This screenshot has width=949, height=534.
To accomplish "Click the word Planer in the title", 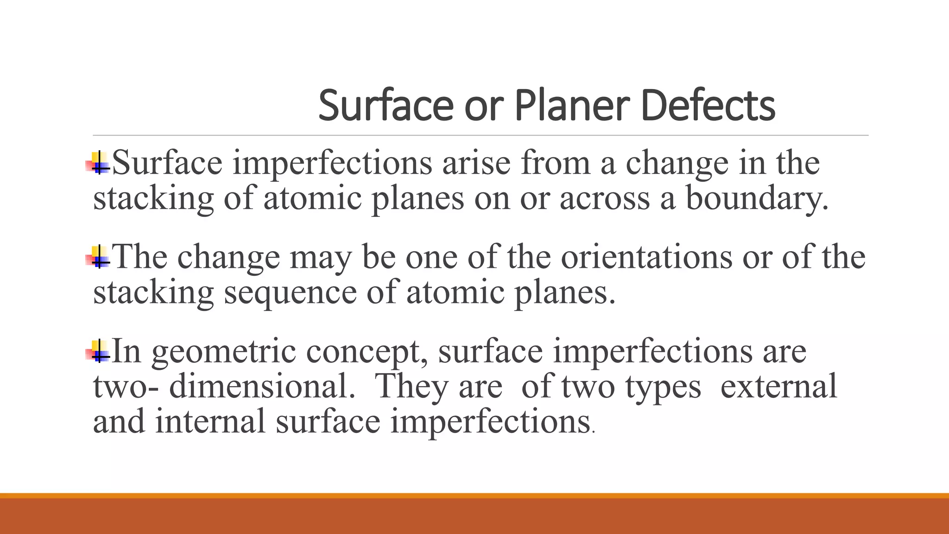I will [572, 106].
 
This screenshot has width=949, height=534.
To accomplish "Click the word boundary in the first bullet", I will [756, 198].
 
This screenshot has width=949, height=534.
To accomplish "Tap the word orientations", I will [646, 257].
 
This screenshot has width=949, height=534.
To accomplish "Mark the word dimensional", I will [261, 386].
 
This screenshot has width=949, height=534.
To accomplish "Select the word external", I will [778, 386].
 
